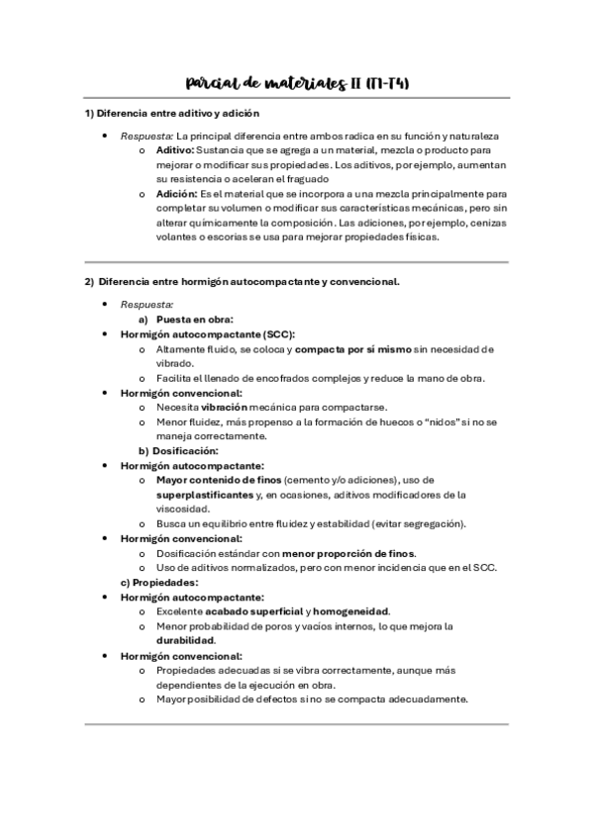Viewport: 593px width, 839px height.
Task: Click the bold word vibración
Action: (x=227, y=407)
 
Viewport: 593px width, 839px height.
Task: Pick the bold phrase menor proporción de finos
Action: (x=348, y=552)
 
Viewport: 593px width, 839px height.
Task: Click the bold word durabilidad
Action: (x=185, y=640)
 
